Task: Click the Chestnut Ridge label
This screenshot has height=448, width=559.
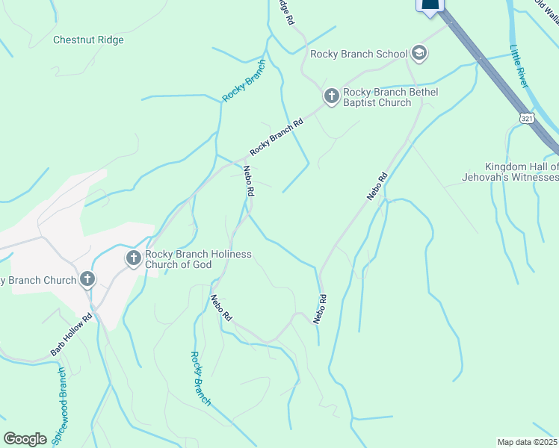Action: click(x=88, y=40)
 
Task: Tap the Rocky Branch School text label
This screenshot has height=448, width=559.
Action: click(x=359, y=54)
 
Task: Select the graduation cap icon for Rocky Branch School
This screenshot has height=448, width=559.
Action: click(x=419, y=53)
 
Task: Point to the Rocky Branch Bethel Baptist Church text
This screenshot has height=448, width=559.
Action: click(x=389, y=97)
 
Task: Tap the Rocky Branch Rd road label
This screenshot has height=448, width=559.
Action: click(x=277, y=137)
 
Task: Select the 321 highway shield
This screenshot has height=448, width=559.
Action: click(x=527, y=119)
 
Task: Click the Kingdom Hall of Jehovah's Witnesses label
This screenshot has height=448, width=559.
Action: click(x=521, y=172)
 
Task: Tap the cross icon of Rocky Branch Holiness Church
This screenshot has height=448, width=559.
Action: click(x=134, y=258)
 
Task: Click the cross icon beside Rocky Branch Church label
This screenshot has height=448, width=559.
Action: click(x=87, y=280)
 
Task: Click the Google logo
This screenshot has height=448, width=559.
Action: click(x=25, y=439)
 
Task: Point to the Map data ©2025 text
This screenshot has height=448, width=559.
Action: click(x=527, y=441)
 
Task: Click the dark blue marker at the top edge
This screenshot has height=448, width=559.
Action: click(x=430, y=6)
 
